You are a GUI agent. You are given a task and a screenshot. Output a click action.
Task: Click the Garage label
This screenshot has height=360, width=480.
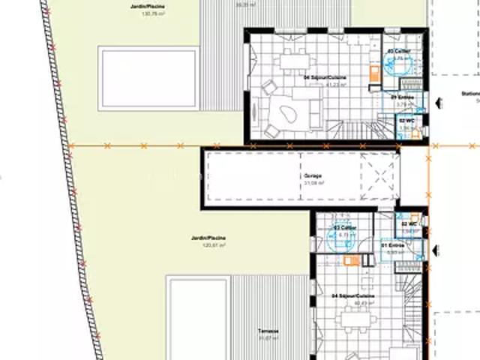click(x=313, y=177)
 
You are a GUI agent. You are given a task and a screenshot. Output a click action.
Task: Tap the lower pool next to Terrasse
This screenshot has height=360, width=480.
click(x=197, y=319)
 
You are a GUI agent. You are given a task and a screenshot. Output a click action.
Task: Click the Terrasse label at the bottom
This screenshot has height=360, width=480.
click(x=268, y=331)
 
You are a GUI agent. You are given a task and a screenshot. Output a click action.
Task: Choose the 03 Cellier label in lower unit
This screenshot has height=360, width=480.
click(x=344, y=227)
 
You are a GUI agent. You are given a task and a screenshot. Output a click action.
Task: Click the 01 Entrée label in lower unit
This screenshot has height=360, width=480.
click(x=393, y=245)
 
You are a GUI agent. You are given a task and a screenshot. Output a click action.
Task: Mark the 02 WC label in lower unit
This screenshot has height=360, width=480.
click(x=409, y=224)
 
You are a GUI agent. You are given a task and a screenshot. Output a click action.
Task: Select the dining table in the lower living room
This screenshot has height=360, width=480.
click(x=356, y=320)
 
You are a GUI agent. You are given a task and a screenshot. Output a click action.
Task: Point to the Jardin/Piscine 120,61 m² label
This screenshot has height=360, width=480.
click(x=208, y=239)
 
